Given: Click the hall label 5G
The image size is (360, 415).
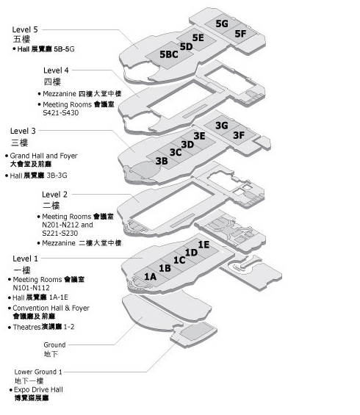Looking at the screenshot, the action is click(222, 24).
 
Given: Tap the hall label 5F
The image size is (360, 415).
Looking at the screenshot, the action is click(240, 34).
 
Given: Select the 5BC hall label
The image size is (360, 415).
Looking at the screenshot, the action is click(169, 54).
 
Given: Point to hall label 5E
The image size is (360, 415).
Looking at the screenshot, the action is click(198, 37).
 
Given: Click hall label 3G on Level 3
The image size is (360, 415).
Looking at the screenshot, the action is click(222, 126).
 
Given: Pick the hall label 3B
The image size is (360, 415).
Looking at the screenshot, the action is click(162, 161).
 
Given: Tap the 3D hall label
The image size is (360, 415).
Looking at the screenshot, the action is click(187, 145).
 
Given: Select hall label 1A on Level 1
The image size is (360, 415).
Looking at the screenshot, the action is click(150, 277).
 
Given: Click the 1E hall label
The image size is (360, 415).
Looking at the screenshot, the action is click(204, 245).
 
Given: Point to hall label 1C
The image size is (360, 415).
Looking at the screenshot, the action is click(179, 260).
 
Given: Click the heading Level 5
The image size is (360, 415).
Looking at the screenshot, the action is click(25, 29).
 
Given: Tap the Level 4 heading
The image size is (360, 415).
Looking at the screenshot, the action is click(56, 70).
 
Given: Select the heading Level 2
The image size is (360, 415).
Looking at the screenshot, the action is click(54, 195).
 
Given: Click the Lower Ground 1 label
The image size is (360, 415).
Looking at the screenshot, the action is click(38, 372).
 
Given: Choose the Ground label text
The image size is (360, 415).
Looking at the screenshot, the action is click(54, 345).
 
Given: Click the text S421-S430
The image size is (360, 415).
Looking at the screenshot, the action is click(61, 113).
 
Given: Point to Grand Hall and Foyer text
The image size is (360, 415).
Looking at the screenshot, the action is click(43, 156).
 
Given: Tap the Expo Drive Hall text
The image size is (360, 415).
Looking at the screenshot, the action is click(38, 389).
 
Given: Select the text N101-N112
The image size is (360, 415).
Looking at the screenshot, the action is click(31, 288).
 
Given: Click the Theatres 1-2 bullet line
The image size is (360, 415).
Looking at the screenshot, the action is click(41, 327).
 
